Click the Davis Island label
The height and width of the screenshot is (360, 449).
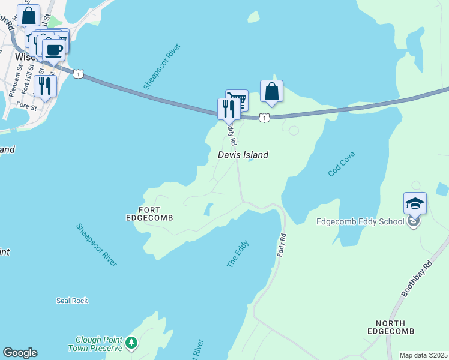tap(243, 155)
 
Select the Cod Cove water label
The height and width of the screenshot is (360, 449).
tap(342, 164)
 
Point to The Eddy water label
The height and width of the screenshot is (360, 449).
tap(238, 254)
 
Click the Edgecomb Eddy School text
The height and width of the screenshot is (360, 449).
tap(360, 221)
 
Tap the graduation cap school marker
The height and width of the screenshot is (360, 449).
tap(415, 203)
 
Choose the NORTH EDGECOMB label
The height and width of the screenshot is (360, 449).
tap(391, 327)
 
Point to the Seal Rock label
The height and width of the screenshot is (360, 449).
tap(72, 300)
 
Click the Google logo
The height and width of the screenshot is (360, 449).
tap(20, 353)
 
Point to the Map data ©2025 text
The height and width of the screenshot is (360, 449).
tap(424, 355)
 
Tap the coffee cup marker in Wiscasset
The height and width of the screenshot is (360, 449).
tap(54, 50)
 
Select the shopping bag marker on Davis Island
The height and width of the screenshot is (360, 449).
tap(271, 92)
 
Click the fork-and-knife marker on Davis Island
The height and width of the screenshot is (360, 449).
tap(228, 109)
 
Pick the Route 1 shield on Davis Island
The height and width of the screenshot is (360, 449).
tap(264, 118)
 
